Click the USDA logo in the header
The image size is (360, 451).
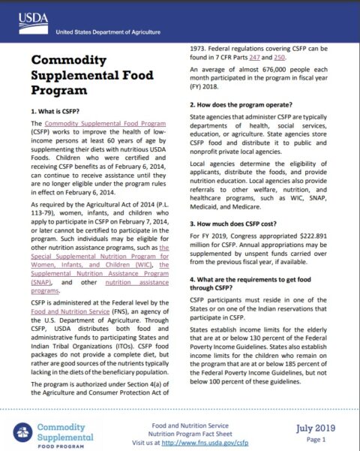(x=29, y=17)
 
